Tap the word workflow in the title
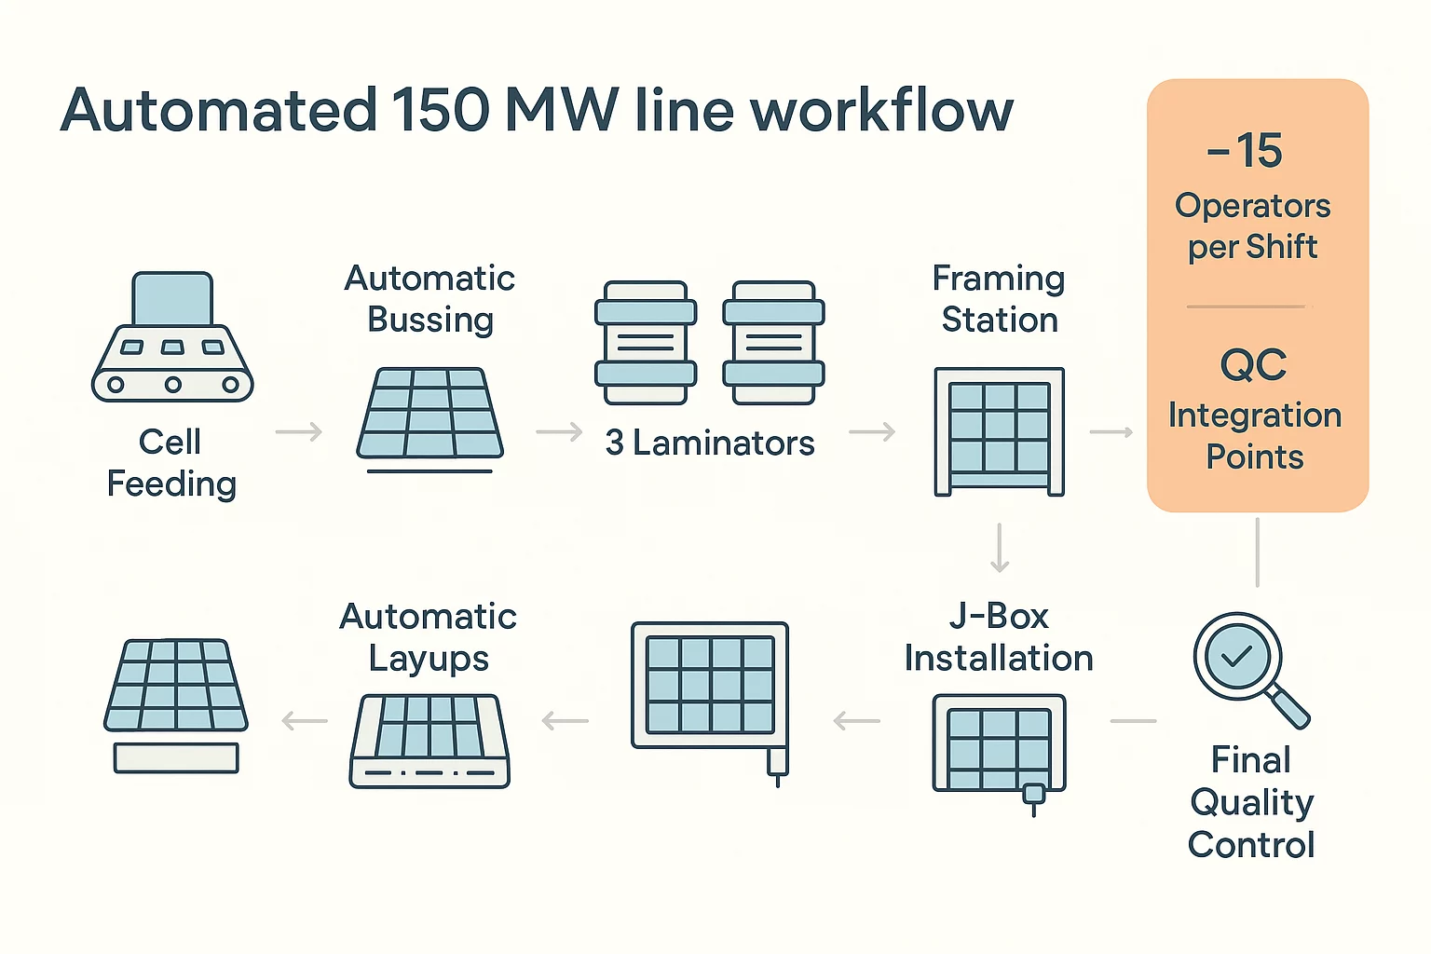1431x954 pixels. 881,111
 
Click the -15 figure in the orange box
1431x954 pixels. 1246,151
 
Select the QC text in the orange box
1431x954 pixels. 1253,365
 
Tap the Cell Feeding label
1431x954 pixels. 171,463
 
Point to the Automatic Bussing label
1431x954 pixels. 429,299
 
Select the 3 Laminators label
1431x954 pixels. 710,443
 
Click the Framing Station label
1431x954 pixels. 999,299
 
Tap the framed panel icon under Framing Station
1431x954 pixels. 999,431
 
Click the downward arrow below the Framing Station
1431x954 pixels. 1000,548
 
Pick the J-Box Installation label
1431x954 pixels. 999,637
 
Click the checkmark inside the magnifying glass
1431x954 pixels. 1236,657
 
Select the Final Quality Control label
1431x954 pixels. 1251,802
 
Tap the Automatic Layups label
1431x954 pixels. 429,637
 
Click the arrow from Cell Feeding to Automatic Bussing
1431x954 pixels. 299,432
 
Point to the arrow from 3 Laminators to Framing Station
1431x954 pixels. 872,432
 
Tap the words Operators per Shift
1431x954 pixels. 1253,226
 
